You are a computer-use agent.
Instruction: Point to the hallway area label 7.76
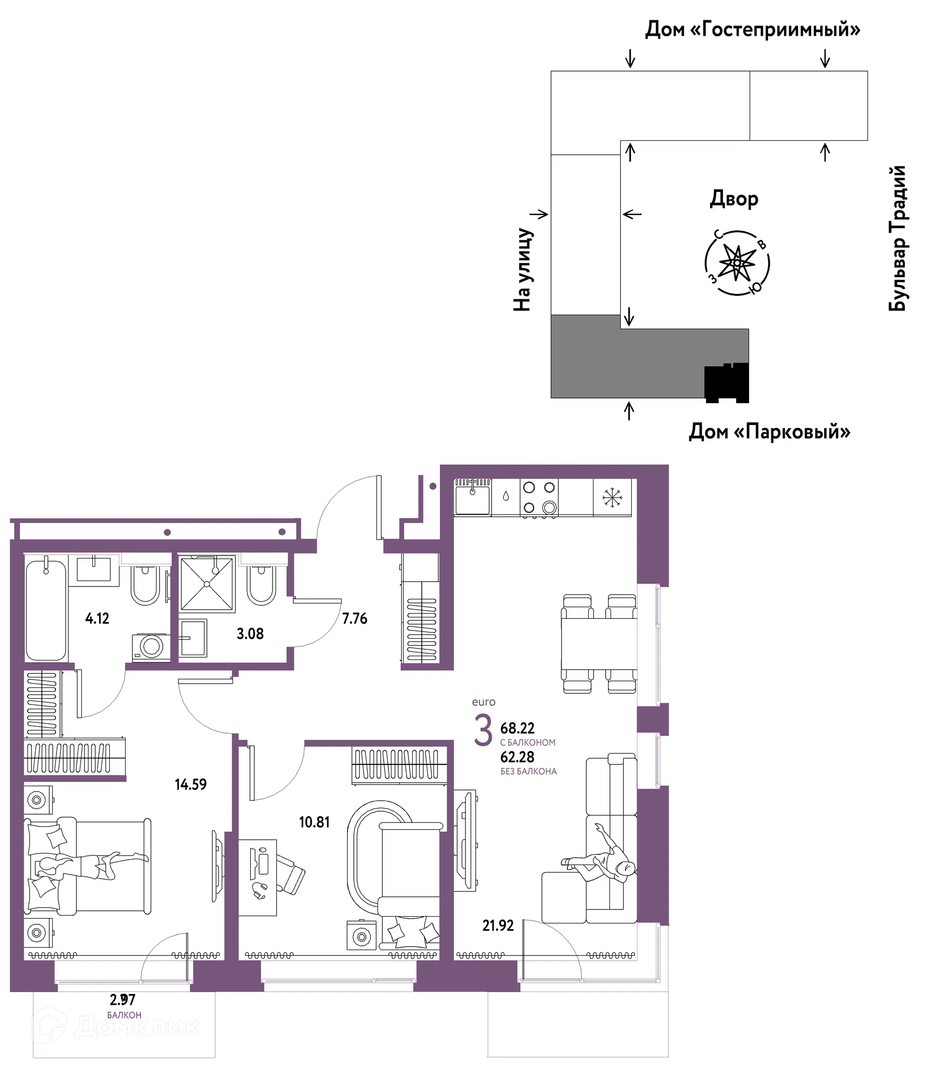[355, 618]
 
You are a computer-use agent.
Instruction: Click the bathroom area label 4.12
[97, 618]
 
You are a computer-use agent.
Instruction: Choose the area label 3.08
[250, 634]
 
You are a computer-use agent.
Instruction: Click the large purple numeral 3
[483, 731]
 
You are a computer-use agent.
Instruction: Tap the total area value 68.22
[517, 728]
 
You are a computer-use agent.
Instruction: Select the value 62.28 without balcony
[517, 757]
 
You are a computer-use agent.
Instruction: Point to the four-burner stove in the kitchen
[539, 497]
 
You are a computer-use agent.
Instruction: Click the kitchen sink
[472, 497]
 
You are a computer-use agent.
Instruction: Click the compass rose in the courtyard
[737, 263]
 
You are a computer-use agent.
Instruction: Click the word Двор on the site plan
[734, 199]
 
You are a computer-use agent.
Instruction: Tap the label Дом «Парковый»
[769, 431]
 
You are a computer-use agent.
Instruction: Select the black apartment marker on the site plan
[727, 383]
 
